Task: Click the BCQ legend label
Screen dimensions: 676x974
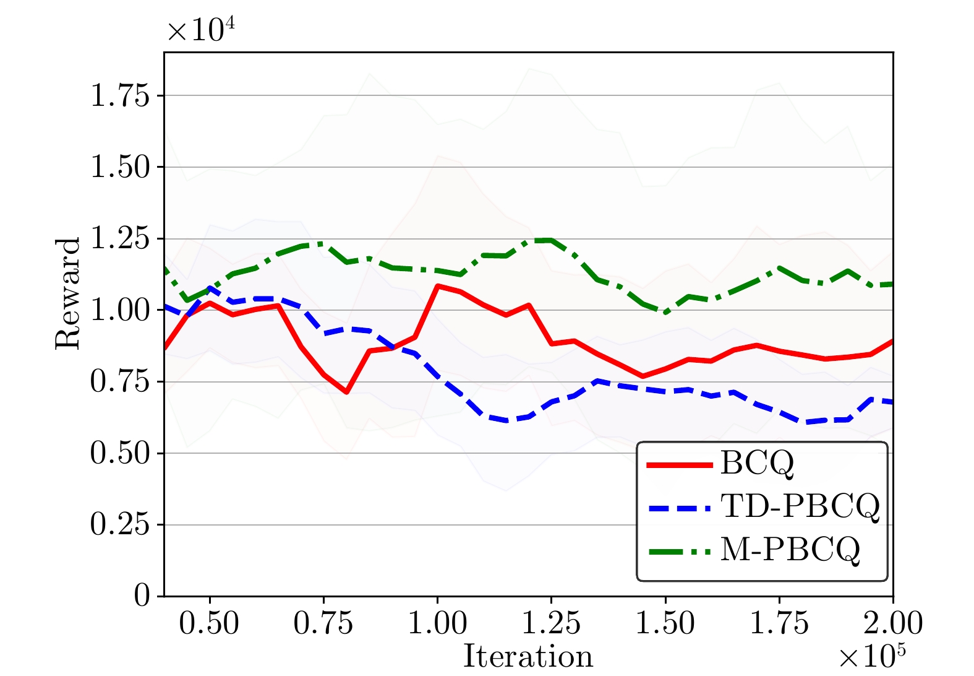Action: [757, 462]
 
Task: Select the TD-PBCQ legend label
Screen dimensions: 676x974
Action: [800, 506]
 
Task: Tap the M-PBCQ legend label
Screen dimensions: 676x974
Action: [790, 548]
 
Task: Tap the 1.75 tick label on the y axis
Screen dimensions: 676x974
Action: [120, 96]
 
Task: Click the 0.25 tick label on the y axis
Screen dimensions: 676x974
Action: [120, 525]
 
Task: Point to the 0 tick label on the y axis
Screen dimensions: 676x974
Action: [142, 596]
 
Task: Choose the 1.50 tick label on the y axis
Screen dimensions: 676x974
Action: [120, 167]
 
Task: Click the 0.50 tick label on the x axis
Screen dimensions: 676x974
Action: [210, 623]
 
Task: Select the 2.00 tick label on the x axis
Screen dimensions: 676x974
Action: [892, 623]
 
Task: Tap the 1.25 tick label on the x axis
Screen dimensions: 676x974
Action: [551, 623]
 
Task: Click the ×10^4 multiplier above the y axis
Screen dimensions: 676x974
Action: [201, 30]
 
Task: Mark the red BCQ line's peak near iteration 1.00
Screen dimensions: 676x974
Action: [438, 286]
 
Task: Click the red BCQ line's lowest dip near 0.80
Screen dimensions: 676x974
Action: [347, 392]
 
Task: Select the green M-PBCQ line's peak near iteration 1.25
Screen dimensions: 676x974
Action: [544, 240]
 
